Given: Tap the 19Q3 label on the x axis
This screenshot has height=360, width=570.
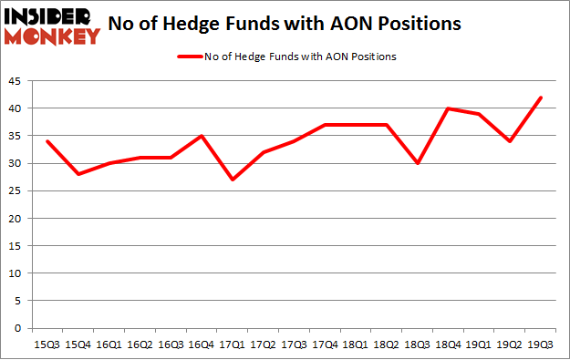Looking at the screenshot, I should [x=543, y=345].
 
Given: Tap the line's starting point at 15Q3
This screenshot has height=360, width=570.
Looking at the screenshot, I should [x=47, y=141].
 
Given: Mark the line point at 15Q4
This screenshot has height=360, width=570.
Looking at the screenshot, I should [x=78, y=174].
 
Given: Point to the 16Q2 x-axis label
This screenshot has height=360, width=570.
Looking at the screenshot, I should [x=140, y=345].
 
